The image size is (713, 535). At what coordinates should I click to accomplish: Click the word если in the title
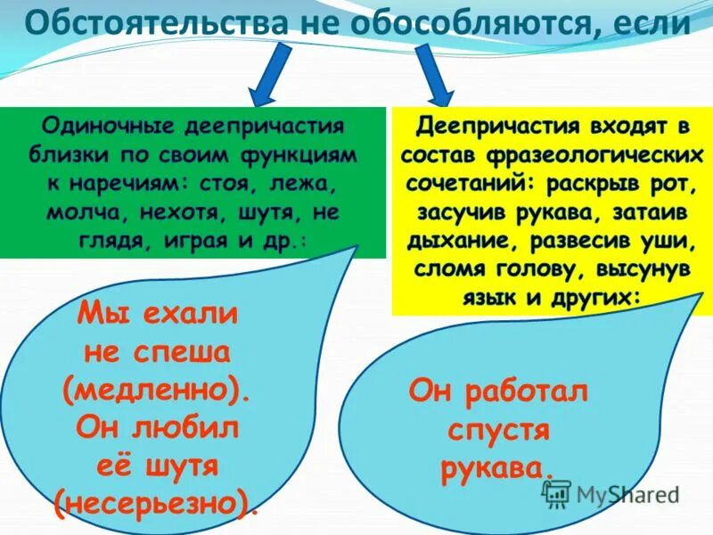point(651,21)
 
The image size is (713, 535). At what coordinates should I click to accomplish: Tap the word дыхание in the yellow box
point(450,240)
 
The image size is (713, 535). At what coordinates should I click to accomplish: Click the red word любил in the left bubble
point(186,427)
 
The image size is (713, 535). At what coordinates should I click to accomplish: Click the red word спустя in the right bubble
point(498,430)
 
